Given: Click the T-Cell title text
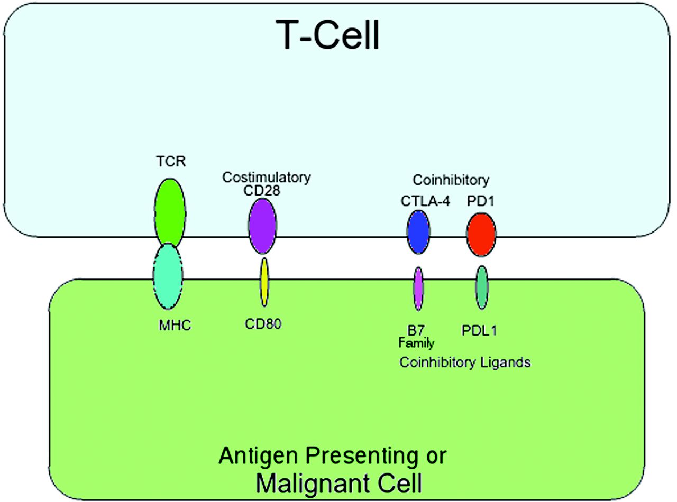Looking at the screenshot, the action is [327, 35].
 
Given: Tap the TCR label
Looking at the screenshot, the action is [171, 161].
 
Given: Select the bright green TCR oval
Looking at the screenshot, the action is [170, 212].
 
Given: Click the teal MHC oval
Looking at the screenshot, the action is [168, 276].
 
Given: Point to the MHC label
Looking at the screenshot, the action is [175, 326].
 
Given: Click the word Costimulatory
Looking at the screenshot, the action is [267, 177].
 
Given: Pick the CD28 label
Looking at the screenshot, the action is [262, 190].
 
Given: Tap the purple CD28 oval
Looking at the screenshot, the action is [262, 226].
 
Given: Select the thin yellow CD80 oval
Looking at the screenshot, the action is [264, 282].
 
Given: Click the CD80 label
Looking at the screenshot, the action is [263, 324].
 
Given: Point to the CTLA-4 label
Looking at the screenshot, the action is [425, 201].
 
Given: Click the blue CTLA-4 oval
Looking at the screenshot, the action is [418, 232].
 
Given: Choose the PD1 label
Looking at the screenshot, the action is [481, 201].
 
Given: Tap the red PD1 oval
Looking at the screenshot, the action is [481, 235].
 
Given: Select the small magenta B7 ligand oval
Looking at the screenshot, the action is [418, 289].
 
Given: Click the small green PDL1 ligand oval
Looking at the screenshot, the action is [482, 287].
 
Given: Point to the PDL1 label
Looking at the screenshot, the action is [479, 330].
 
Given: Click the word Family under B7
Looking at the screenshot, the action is [416, 343].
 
